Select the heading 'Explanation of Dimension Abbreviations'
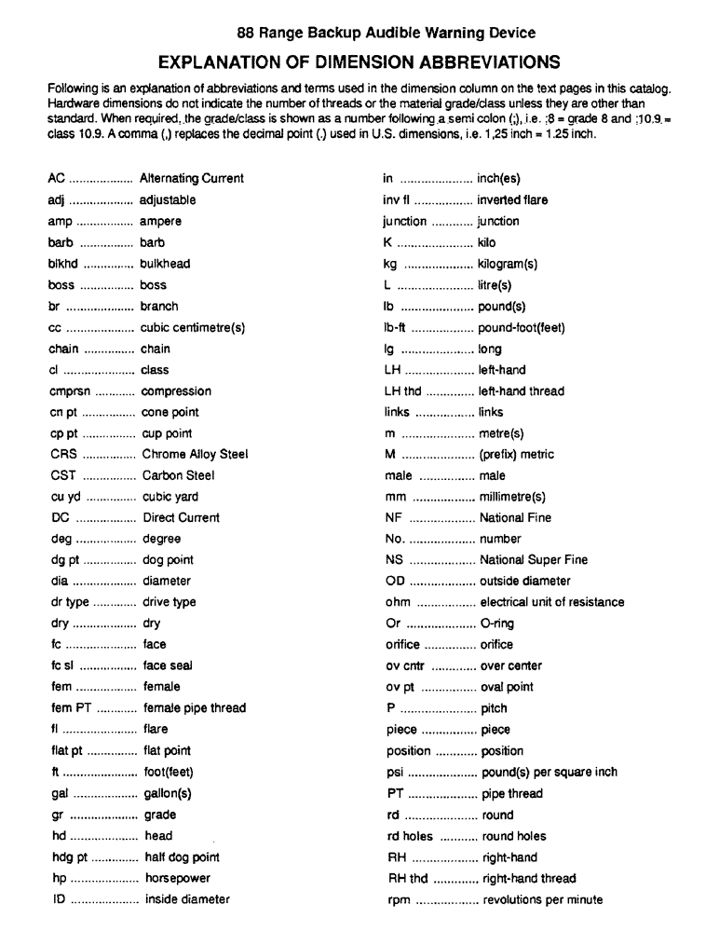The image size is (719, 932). [x=359, y=62]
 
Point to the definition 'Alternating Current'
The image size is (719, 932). [x=192, y=178]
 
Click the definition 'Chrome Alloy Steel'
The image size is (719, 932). [x=195, y=455]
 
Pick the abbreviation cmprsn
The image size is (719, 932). [x=68, y=391]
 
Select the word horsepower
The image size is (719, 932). [x=177, y=878]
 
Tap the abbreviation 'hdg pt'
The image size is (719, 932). [x=68, y=857]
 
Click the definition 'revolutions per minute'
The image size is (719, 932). [x=542, y=899]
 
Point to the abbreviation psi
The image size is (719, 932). [x=394, y=772]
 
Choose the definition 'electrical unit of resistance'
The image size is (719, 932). [x=552, y=602]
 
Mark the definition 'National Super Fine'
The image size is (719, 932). [x=533, y=560]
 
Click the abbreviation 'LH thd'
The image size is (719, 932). [x=402, y=391]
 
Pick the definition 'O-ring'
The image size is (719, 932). [x=496, y=624]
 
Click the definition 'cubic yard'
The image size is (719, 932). [x=170, y=497]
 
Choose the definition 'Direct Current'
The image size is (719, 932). [x=181, y=517]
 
